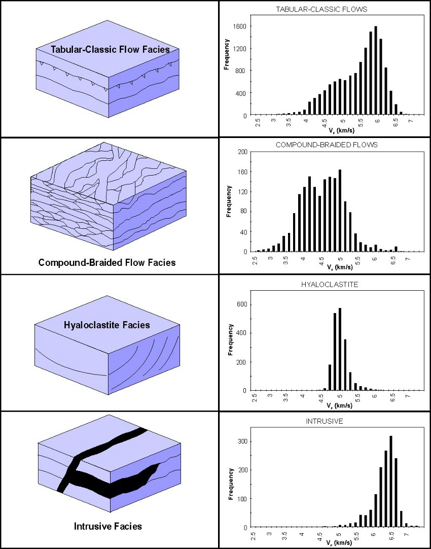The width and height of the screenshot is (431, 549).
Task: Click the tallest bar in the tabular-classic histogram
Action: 376,71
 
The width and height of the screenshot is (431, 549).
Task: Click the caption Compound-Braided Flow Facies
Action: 107,263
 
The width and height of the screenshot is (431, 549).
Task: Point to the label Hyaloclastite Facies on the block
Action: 107,325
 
